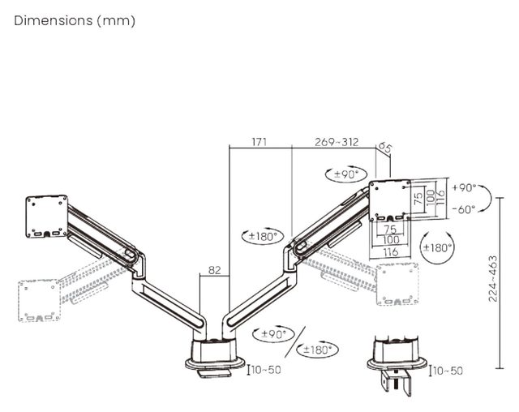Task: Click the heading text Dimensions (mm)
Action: tap(75, 20)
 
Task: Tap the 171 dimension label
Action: tap(259, 142)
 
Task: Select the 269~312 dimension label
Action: tap(337, 142)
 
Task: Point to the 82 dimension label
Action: tap(214, 270)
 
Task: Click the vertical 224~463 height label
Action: tap(493, 278)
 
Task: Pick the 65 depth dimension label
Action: tap(385, 148)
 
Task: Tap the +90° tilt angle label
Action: tap(464, 187)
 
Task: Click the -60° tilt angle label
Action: tap(464, 209)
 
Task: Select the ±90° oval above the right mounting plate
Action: tap(346, 174)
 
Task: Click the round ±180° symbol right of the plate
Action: tap(437, 247)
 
